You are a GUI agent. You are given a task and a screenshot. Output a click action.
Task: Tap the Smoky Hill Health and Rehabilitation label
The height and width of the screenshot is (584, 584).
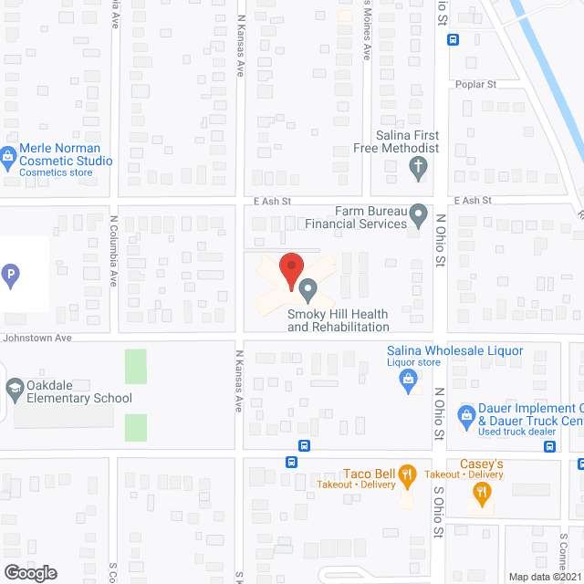coord(339,320)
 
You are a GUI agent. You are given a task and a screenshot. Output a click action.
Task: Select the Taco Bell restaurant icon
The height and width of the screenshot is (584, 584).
coord(407,474)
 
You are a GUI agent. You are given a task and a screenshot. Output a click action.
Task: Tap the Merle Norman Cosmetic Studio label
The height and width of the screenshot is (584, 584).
coord(68,155)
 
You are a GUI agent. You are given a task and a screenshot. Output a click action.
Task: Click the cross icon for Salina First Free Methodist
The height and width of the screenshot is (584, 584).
coord(417,167)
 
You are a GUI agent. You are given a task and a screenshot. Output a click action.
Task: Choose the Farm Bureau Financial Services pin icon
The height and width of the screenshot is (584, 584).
coord(419,216)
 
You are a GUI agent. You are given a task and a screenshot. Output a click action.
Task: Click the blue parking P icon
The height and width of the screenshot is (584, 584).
coord(11,273)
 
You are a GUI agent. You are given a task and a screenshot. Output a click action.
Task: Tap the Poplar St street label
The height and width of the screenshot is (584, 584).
coord(478,84)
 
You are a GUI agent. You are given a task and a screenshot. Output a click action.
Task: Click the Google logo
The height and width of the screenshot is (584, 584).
coord(29,572)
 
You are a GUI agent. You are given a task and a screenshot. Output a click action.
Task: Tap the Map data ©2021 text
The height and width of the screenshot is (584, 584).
coord(544,576)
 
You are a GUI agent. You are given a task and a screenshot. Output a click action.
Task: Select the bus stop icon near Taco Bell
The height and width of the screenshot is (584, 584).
coord(304,446)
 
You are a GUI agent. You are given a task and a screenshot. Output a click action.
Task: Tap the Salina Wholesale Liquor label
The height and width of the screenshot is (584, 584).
coord(454,351)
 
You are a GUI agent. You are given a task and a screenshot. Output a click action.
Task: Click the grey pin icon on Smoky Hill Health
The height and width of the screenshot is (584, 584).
coord(308,291)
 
